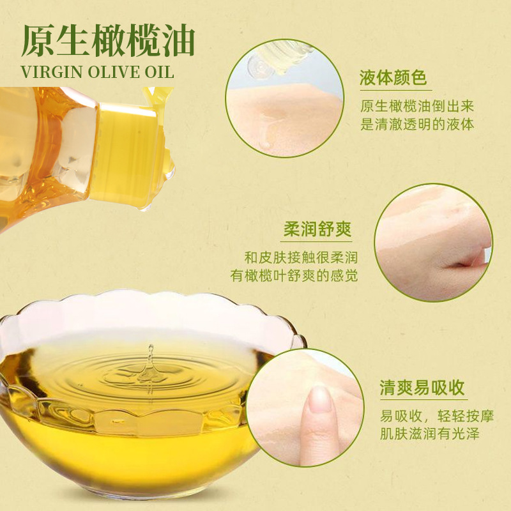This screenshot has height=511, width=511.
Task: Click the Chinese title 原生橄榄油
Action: pos(108,41)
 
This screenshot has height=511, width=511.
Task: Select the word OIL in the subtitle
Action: pos(159,72)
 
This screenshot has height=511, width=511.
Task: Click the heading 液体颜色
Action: pos(393,77)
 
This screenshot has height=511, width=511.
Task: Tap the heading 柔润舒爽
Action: pos(317,229)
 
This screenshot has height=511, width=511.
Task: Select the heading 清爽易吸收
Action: pos(422,388)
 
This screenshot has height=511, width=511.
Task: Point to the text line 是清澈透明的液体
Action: pos(417,124)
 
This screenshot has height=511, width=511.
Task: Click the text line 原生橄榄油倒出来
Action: pos(417,106)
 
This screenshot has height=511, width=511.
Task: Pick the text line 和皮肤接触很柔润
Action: pos(301,257)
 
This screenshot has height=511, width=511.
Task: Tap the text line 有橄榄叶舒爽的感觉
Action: pos(294,276)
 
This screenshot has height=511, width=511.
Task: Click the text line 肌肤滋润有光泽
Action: pos(429,434)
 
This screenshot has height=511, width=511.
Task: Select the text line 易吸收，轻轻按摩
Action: pos(437,416)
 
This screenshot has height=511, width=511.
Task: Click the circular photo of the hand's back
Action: pos(434,243)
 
